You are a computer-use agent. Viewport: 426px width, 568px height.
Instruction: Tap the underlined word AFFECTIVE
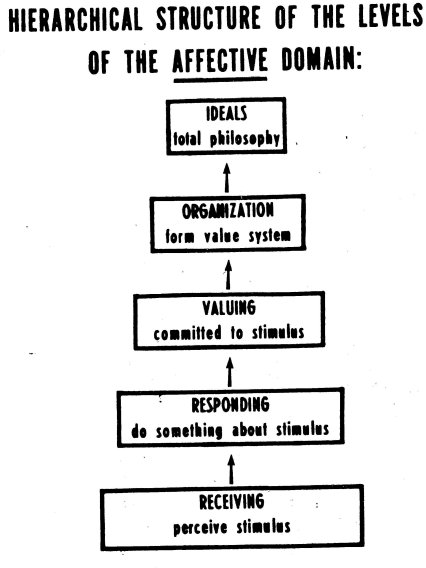click(x=220, y=60)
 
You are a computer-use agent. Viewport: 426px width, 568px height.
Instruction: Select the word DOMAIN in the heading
click(x=322, y=59)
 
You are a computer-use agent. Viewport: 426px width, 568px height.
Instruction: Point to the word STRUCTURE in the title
click(x=209, y=17)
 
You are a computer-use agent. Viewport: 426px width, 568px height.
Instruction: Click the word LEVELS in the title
click(x=390, y=16)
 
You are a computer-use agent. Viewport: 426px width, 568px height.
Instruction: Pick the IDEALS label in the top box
click(x=227, y=113)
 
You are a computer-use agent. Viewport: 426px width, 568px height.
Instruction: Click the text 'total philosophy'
click(x=227, y=139)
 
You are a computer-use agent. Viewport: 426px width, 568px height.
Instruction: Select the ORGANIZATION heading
click(x=228, y=211)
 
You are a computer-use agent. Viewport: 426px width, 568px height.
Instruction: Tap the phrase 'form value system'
click(x=228, y=236)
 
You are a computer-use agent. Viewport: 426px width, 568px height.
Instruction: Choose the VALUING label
click(x=229, y=308)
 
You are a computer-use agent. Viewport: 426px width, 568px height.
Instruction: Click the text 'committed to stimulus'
click(x=229, y=333)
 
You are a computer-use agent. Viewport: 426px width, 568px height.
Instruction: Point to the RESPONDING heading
click(x=230, y=405)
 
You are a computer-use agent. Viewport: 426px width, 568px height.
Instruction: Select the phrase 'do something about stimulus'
click(x=230, y=430)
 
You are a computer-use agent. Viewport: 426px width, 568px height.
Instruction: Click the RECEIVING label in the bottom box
click(x=232, y=502)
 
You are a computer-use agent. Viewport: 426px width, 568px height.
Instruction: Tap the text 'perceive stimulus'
click(x=232, y=527)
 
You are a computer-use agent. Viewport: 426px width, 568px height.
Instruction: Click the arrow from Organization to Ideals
click(x=227, y=178)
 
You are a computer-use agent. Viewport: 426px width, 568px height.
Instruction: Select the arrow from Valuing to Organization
click(x=228, y=275)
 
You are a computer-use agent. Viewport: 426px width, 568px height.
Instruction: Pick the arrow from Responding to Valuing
click(x=230, y=372)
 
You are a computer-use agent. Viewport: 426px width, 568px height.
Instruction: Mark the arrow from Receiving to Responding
click(x=231, y=469)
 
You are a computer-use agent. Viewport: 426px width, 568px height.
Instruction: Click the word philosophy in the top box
click(x=245, y=139)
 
